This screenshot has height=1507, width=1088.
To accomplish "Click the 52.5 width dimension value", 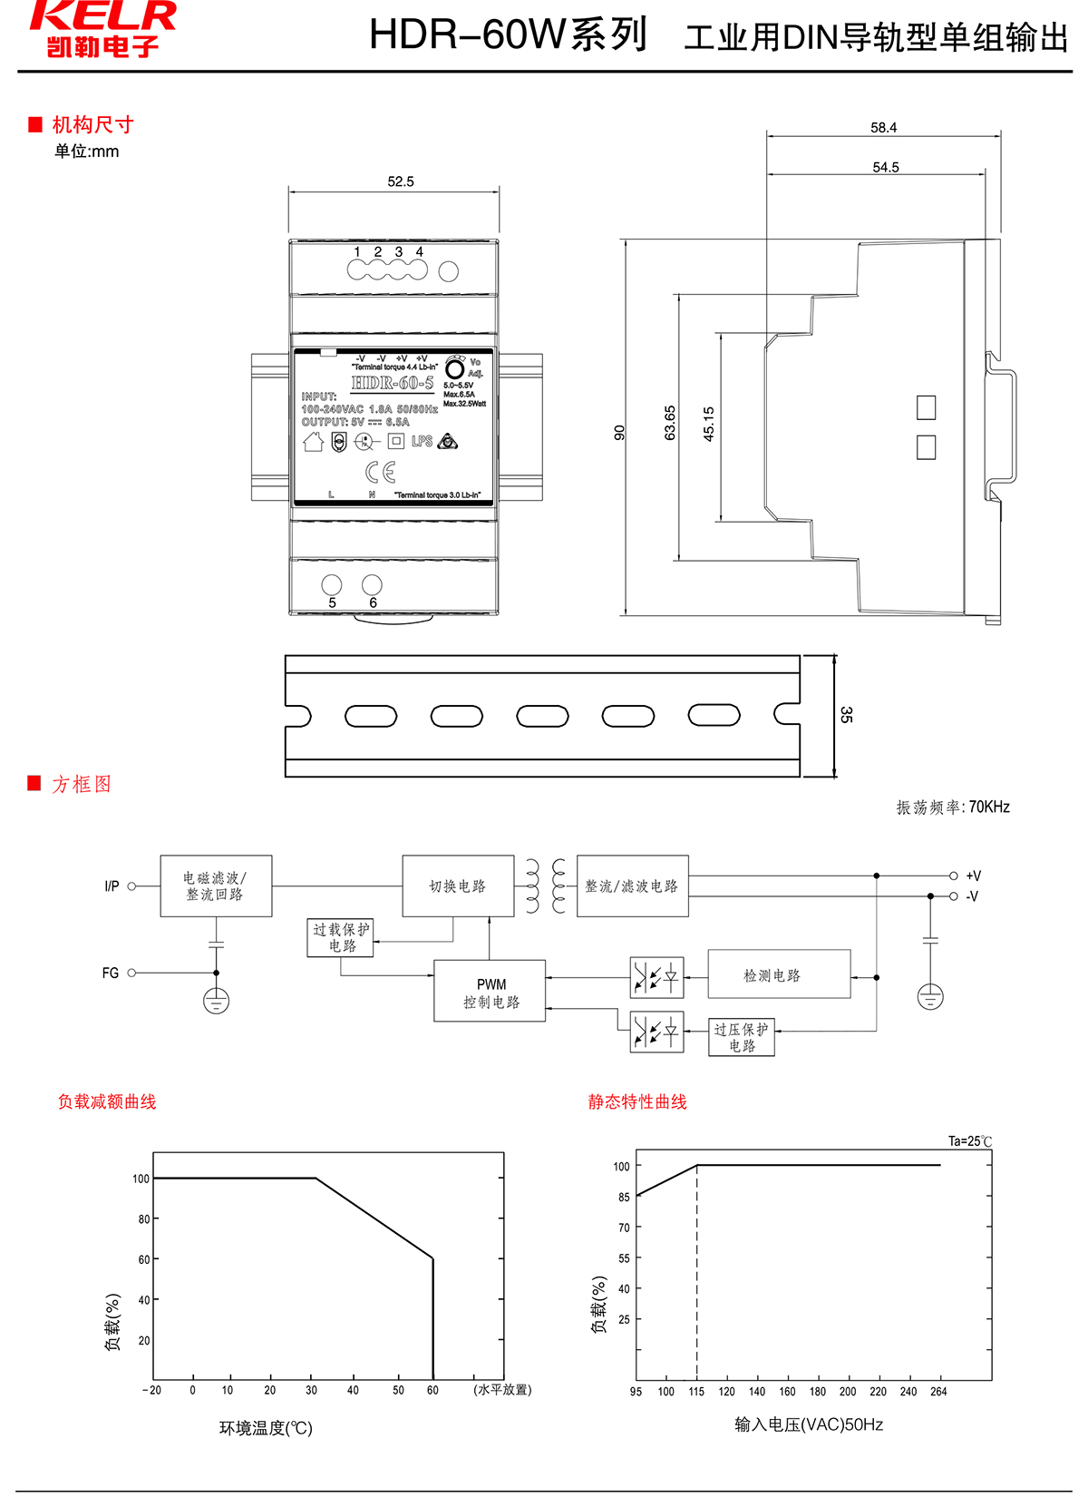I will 400,181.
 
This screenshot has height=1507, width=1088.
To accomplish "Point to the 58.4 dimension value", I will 883,128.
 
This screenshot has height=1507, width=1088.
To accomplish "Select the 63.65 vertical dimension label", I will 670,423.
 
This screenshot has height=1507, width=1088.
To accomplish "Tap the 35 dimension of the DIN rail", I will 846,715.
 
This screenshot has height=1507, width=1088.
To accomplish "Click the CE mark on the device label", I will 381,472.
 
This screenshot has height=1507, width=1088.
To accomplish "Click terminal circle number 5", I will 332,585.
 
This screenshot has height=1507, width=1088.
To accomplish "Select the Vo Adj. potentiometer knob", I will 455,368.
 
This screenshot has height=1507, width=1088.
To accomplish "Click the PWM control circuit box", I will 490,991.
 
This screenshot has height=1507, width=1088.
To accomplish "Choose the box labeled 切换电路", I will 458,886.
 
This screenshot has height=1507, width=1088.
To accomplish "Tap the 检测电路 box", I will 779,974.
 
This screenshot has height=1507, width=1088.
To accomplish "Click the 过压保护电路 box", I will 741,1037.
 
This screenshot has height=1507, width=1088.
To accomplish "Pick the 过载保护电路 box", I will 341,937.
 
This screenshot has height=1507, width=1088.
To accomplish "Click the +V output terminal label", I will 973,876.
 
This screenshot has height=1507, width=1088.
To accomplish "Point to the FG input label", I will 111,973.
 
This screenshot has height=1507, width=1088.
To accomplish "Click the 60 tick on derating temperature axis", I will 432,1390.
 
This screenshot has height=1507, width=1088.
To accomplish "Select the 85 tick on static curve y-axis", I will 624,1197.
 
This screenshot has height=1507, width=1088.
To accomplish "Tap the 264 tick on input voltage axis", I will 938,1391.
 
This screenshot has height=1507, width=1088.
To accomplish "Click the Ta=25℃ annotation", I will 970,1141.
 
